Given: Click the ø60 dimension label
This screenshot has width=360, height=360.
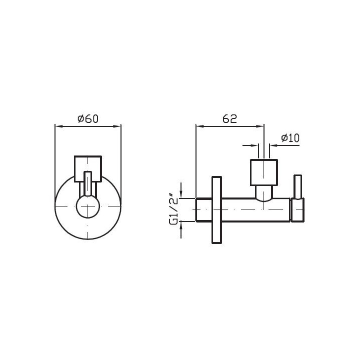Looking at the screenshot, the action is [x=88, y=118].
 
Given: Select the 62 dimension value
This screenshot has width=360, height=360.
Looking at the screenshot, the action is [x=229, y=118].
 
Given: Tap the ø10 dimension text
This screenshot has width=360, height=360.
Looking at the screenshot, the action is [x=290, y=138].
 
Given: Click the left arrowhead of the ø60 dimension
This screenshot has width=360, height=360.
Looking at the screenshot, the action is [x=58, y=126].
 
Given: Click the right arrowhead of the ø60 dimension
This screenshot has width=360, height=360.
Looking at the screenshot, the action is [x=117, y=126].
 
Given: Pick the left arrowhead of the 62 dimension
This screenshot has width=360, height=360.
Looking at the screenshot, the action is [x=199, y=126].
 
